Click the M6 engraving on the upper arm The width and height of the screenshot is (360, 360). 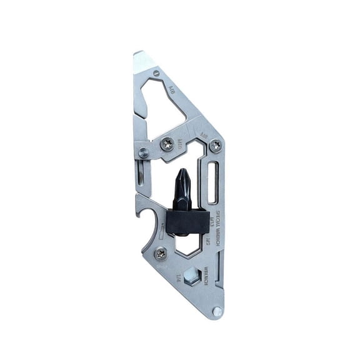coord(170,91)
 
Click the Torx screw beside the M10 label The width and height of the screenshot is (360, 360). coord(166,144)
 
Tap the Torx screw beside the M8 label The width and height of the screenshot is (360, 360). coord(216,145)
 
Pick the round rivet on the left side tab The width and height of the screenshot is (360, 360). coord(144,152)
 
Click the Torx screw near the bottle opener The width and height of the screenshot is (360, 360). coord(161,253)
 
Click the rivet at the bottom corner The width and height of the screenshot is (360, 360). coord(216,311)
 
